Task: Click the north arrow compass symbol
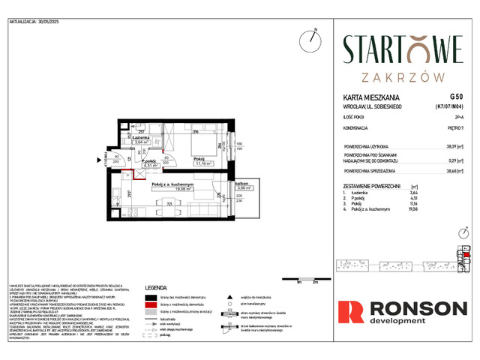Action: point(310,39)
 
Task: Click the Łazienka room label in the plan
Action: point(142,137)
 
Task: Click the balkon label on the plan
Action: point(220,183)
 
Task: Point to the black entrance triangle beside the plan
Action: point(97,159)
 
